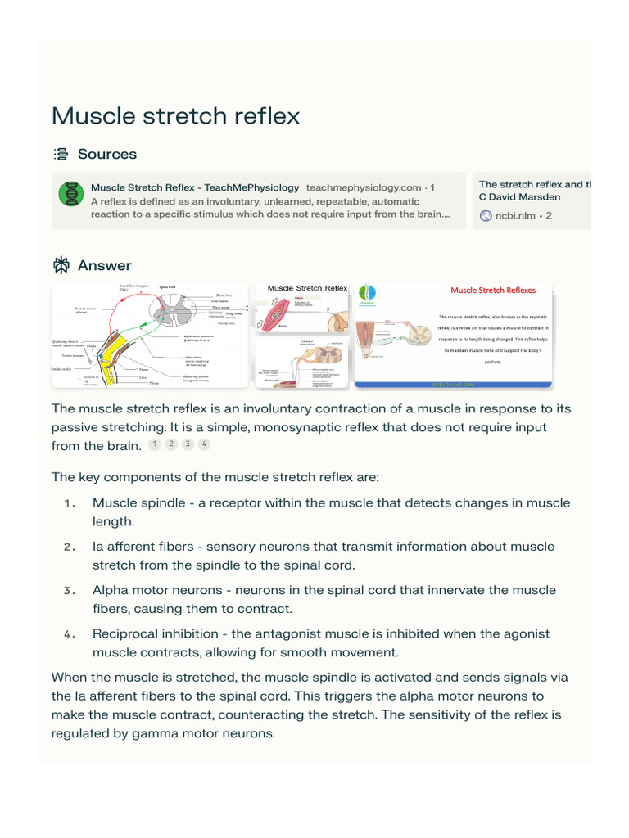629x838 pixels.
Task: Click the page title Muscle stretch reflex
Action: (175, 115)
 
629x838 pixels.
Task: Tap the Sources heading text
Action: (106, 154)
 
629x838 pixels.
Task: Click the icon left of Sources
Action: (61, 154)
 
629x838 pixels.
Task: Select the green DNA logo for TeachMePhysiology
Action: (71, 194)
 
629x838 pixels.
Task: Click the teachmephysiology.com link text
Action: (364, 187)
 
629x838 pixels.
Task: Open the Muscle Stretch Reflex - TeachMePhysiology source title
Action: (195, 187)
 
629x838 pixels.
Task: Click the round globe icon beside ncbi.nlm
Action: (486, 215)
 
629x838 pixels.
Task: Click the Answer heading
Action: (104, 265)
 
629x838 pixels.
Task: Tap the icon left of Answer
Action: (61, 265)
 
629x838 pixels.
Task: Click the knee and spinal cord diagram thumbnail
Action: (149, 335)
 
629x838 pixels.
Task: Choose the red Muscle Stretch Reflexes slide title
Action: (493, 290)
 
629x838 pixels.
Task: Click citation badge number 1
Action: (155, 444)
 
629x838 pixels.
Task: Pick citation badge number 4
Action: (204, 444)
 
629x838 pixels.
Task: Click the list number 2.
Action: (70, 547)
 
